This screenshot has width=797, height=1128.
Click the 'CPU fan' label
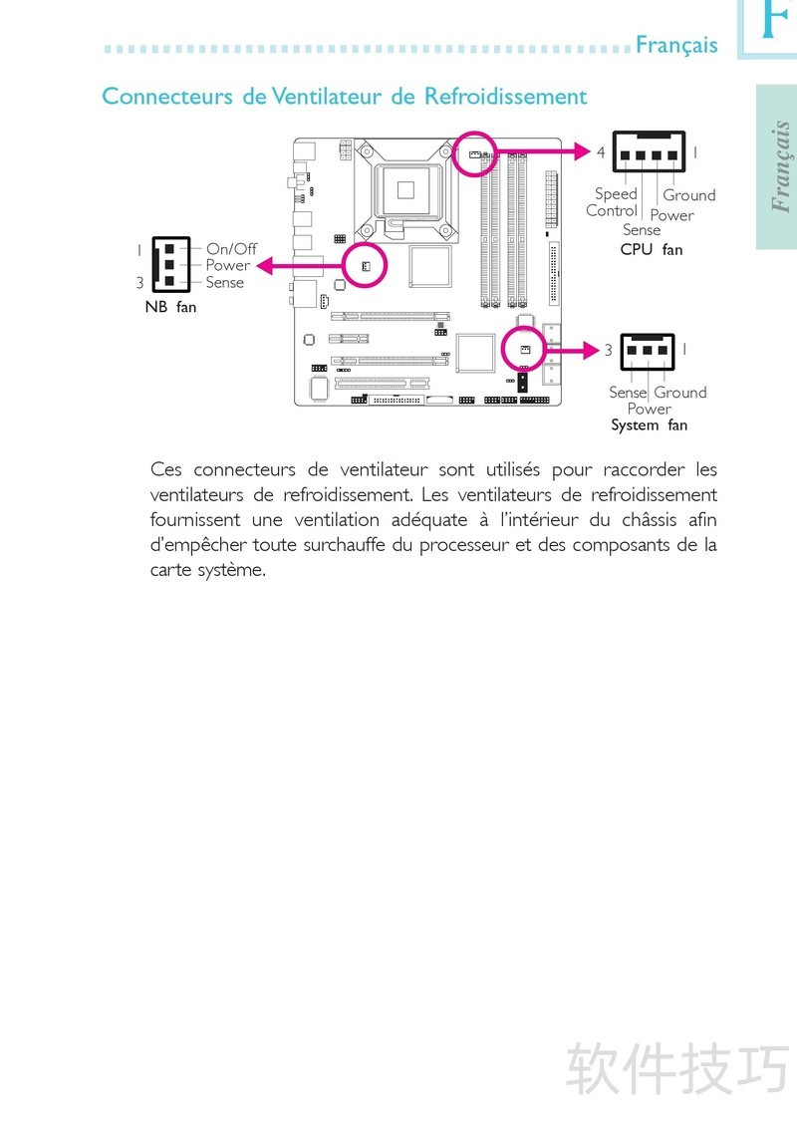pyautogui.click(x=652, y=250)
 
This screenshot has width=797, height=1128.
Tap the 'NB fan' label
pyautogui.click(x=170, y=307)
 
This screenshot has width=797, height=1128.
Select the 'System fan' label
pyautogui.click(x=649, y=425)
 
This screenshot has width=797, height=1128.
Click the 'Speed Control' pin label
pyautogui.click(x=612, y=202)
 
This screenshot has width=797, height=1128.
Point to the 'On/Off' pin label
pyautogui.click(x=231, y=249)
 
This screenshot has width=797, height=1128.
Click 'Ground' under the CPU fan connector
pyautogui.click(x=689, y=195)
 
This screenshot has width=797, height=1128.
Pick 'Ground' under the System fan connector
pyautogui.click(x=680, y=392)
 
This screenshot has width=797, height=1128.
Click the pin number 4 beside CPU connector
pyautogui.click(x=601, y=152)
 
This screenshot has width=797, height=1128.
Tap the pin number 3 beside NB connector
pyautogui.click(x=140, y=283)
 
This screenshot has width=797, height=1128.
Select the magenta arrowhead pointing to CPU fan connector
pyautogui.click(x=582, y=151)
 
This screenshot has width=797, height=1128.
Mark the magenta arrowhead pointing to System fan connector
pyautogui.click(x=591, y=351)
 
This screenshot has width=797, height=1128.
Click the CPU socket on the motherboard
pyautogui.click(x=405, y=190)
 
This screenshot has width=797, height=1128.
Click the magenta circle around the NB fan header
pyautogui.click(x=366, y=243)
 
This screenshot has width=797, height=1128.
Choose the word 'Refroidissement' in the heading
pyautogui.click(x=506, y=96)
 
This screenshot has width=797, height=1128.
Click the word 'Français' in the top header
pyautogui.click(x=676, y=45)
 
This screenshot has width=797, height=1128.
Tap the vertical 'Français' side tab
pyautogui.click(x=780, y=166)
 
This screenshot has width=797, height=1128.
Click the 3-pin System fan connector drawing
pyautogui.click(x=648, y=352)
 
